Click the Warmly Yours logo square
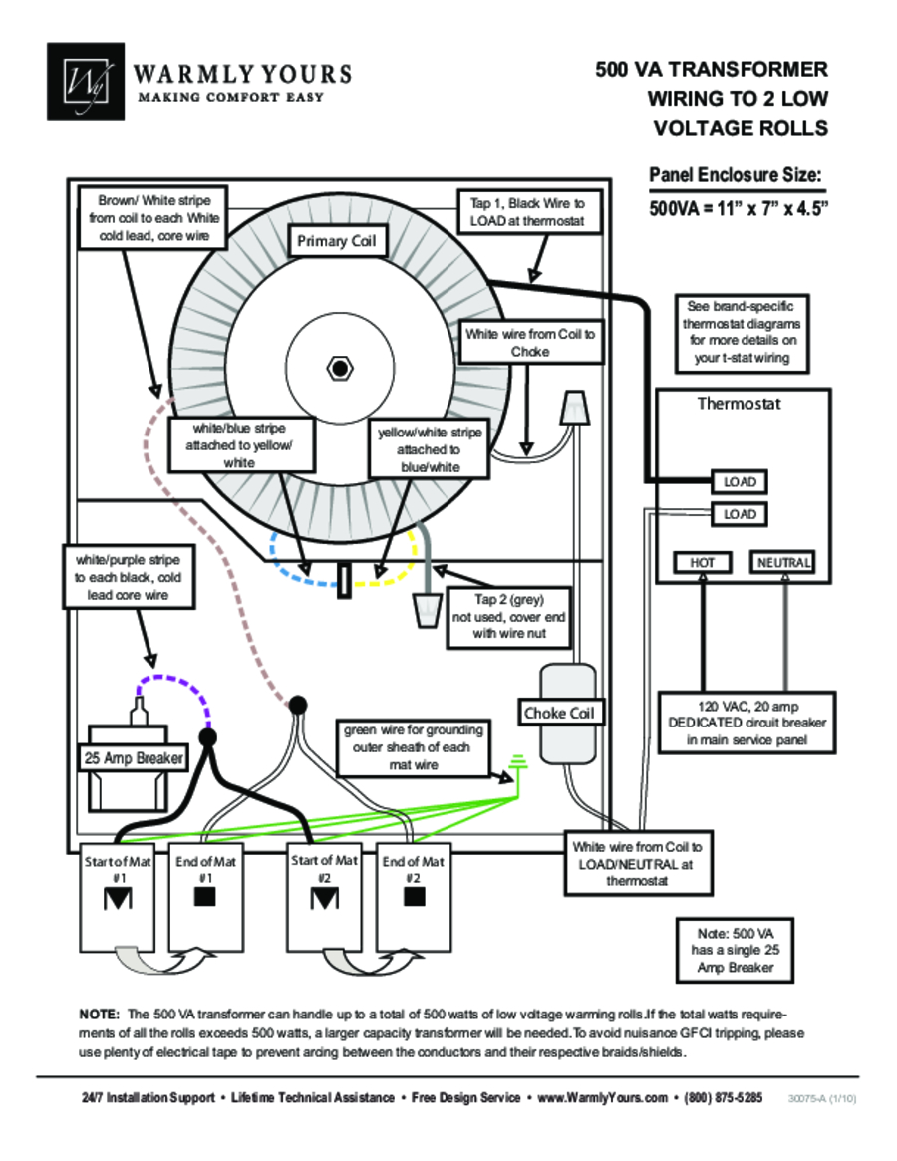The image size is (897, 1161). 85,81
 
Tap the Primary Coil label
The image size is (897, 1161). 336,241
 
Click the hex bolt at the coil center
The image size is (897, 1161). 340,368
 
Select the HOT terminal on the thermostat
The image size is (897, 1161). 703,563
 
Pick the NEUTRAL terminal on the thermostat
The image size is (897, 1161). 783,563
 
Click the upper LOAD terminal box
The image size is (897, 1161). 740,482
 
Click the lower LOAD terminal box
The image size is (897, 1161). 740,514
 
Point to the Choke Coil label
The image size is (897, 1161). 559,713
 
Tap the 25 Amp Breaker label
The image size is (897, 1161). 134,758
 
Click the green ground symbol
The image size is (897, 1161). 518,763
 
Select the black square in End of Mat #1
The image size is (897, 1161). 205,897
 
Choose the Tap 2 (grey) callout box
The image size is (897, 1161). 509,617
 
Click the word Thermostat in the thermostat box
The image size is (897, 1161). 739,404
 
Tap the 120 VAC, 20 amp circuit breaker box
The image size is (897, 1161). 747,723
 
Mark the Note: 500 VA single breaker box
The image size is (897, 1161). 735,950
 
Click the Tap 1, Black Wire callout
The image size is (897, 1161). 527,212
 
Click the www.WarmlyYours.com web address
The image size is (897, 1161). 602,1097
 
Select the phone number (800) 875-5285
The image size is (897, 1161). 723,1097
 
